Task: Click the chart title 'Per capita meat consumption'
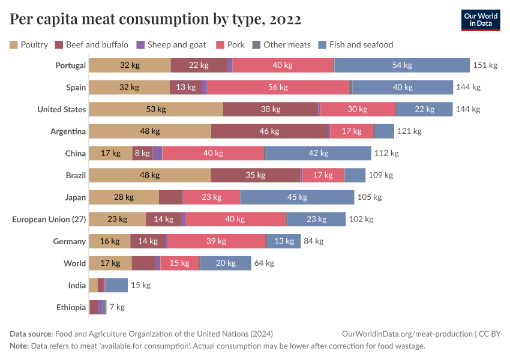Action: coord(155,20)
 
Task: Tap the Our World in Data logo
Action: coord(481,20)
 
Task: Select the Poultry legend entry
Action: coord(29,44)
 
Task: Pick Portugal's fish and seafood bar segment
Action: coord(401,65)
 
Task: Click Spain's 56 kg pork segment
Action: coord(278,88)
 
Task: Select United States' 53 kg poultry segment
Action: coord(155,109)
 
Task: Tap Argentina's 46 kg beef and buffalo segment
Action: coord(269,131)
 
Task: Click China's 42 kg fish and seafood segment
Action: coord(318,154)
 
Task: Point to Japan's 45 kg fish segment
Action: coord(297,197)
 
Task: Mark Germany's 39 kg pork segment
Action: coord(216,241)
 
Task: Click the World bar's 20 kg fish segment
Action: coord(226,263)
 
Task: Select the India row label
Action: coord(77,286)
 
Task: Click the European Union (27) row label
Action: coord(49,220)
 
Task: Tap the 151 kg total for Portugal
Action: coord(485,65)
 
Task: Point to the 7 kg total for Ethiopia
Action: coord(116,307)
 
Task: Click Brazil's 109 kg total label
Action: coord(380,175)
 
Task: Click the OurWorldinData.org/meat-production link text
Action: coord(406,334)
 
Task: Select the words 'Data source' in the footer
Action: coord(31,334)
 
